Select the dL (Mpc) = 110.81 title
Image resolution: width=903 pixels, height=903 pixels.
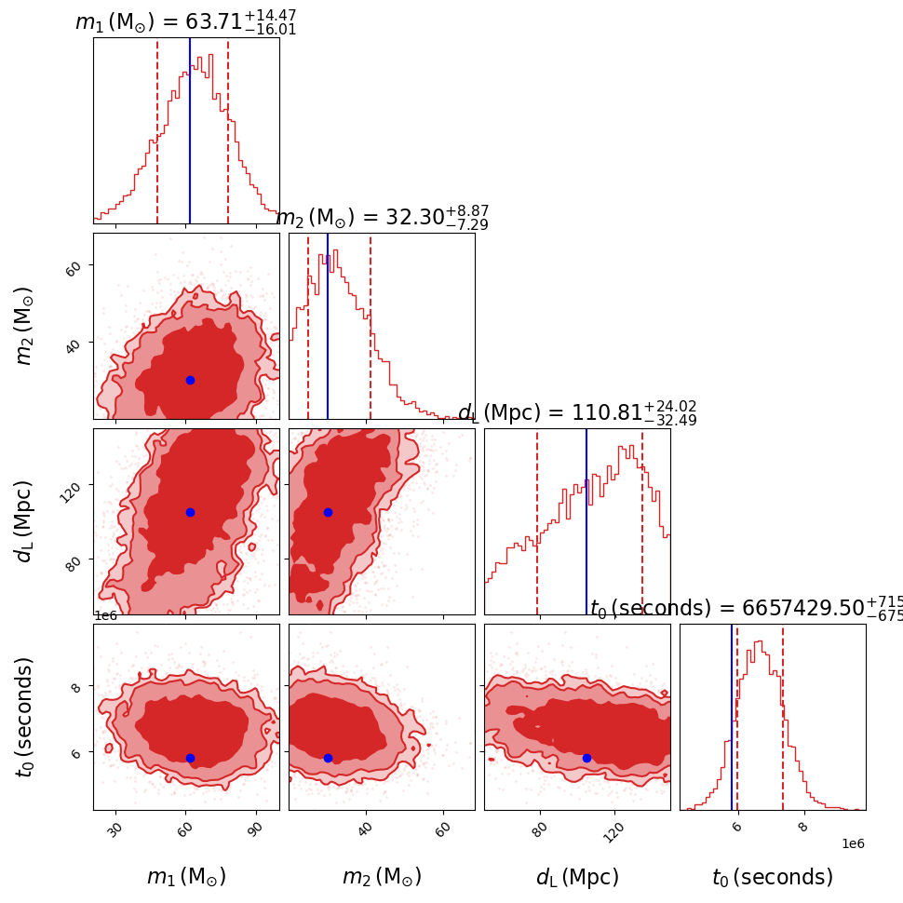click(577, 412)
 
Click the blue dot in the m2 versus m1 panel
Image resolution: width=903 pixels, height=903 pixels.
click(190, 380)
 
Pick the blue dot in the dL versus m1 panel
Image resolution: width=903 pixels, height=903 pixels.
click(190, 512)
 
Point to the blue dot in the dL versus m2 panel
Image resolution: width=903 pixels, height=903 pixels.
click(328, 512)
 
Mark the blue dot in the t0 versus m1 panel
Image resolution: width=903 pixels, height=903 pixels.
click(190, 758)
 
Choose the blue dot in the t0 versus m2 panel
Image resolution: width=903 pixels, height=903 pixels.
click(328, 758)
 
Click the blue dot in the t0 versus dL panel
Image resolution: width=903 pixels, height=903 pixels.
click(586, 758)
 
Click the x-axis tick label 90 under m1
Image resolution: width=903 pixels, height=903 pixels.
click(253, 829)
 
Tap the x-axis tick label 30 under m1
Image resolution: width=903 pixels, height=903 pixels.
click(115, 829)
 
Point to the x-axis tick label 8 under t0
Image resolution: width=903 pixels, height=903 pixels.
click(802, 825)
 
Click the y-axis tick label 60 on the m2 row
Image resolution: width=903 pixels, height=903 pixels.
click(73, 267)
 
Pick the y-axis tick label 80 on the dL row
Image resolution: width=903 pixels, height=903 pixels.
click(73, 560)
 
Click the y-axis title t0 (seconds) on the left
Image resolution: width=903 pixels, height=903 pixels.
click(25, 717)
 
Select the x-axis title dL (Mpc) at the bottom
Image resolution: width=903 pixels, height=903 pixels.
click(577, 877)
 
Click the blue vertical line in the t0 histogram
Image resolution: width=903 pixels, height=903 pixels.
click(732, 717)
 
